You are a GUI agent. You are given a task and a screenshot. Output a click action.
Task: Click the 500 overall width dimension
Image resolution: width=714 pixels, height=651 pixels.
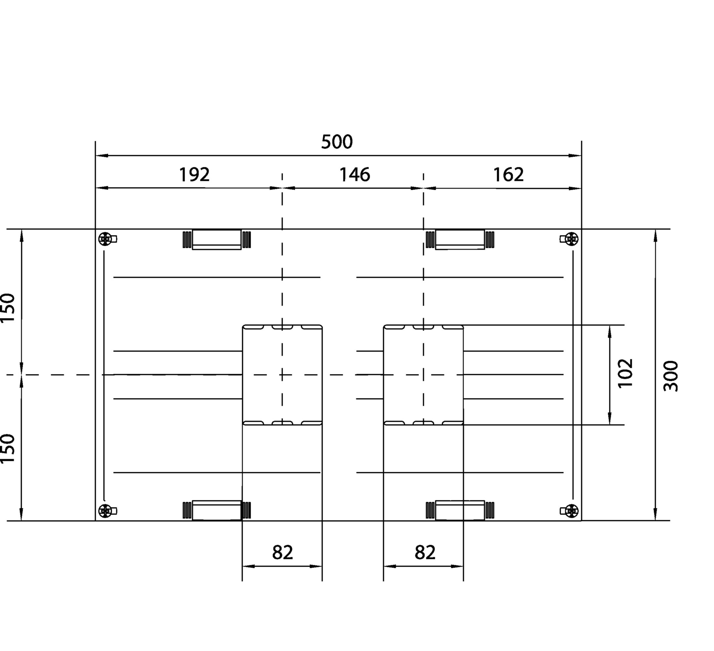point(337,142)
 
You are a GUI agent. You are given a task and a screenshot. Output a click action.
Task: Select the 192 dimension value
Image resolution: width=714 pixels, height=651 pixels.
point(194,174)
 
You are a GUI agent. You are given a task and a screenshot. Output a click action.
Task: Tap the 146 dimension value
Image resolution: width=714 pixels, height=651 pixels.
point(354,174)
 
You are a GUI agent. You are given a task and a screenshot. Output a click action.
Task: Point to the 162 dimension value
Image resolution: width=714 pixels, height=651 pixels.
point(508,174)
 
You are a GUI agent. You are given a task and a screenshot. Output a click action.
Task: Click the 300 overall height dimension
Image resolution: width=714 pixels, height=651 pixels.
point(670,376)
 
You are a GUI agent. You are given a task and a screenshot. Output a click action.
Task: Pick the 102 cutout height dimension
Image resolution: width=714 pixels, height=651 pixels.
point(625,373)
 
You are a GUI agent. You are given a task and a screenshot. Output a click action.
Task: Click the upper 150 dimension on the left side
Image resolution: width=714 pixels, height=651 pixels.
point(8,308)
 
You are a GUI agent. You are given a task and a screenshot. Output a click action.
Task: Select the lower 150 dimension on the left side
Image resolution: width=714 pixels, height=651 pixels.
point(8,448)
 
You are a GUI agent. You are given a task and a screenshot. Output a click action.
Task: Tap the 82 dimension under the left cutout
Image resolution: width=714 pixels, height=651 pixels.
point(282,552)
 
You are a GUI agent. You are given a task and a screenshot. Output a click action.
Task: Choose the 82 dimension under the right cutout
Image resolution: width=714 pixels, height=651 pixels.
point(425,552)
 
